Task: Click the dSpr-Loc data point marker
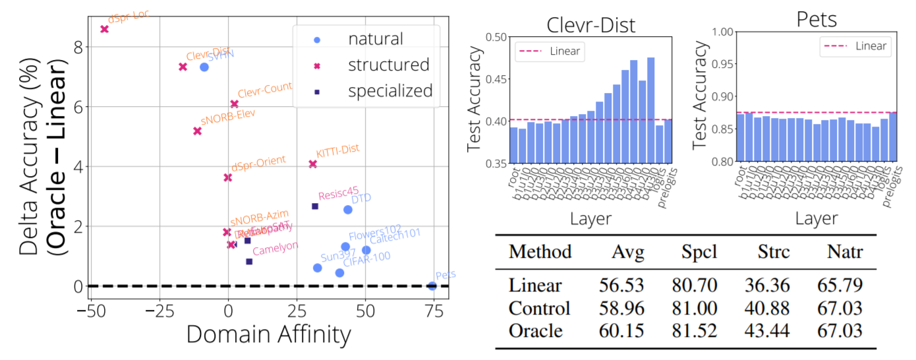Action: [x=104, y=29]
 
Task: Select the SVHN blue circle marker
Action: [x=204, y=67]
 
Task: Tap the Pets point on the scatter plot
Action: [x=432, y=285]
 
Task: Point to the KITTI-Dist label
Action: [x=337, y=150]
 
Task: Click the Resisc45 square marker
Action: [x=315, y=206]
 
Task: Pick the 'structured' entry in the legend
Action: [x=389, y=65]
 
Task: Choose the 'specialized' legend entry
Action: [x=390, y=90]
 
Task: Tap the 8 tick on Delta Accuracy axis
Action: [x=78, y=47]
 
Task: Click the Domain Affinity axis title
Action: [x=268, y=336]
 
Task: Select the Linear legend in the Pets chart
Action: [x=857, y=46]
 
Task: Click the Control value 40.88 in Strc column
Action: [x=768, y=307]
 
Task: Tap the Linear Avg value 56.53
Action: [x=621, y=285]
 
